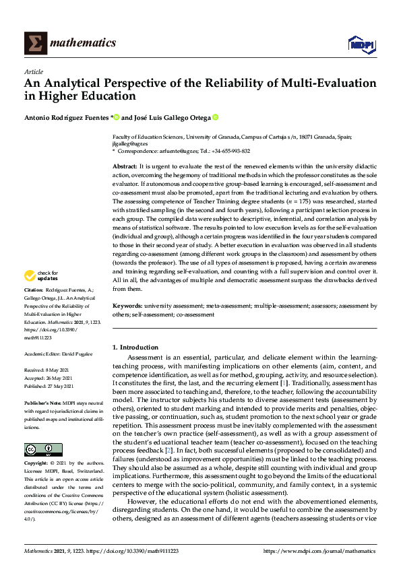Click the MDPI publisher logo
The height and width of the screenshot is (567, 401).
(361, 44)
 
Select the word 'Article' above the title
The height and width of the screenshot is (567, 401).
(33, 71)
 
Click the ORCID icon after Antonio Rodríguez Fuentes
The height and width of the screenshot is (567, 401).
(116, 117)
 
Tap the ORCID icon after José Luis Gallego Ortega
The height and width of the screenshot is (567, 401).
(216, 117)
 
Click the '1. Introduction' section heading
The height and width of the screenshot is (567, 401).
(135, 347)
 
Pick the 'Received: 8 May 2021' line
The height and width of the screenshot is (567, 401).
(48, 370)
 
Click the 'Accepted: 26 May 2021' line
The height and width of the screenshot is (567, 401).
(49, 378)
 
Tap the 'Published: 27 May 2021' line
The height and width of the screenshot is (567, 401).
(49, 385)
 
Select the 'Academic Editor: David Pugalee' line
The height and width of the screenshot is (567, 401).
(59, 354)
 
